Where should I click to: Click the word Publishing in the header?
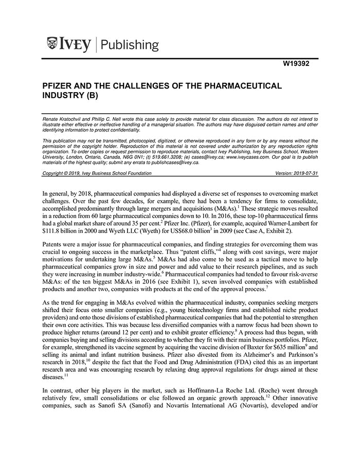pos(130,45)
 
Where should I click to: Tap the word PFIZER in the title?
pos(60,85)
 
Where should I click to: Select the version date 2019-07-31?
pos(305,173)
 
